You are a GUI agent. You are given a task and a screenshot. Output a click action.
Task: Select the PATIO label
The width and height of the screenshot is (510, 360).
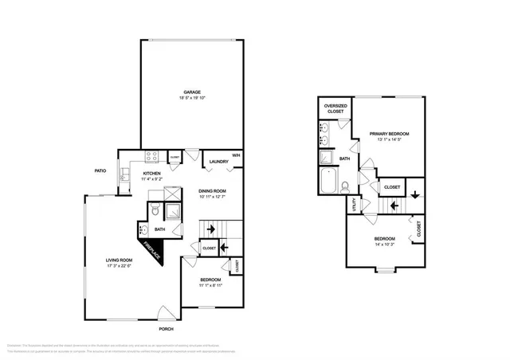point(100,170)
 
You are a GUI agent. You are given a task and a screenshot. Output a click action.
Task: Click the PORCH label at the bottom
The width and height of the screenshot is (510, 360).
point(166,329)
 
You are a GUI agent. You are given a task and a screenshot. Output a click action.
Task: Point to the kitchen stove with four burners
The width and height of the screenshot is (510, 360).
point(152,157)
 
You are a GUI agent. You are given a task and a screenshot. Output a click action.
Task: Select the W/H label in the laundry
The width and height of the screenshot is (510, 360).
point(236,155)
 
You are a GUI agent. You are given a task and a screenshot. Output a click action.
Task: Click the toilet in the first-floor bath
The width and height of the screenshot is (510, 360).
point(155,211)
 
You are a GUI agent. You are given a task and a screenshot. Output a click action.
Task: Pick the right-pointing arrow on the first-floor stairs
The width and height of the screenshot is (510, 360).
point(210,229)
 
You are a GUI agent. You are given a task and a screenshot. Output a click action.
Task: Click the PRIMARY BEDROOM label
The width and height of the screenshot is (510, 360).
point(389,134)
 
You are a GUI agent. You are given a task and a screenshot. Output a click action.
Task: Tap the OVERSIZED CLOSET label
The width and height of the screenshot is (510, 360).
point(335,108)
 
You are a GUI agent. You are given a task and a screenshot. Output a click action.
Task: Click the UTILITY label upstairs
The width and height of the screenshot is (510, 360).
point(353,205)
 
